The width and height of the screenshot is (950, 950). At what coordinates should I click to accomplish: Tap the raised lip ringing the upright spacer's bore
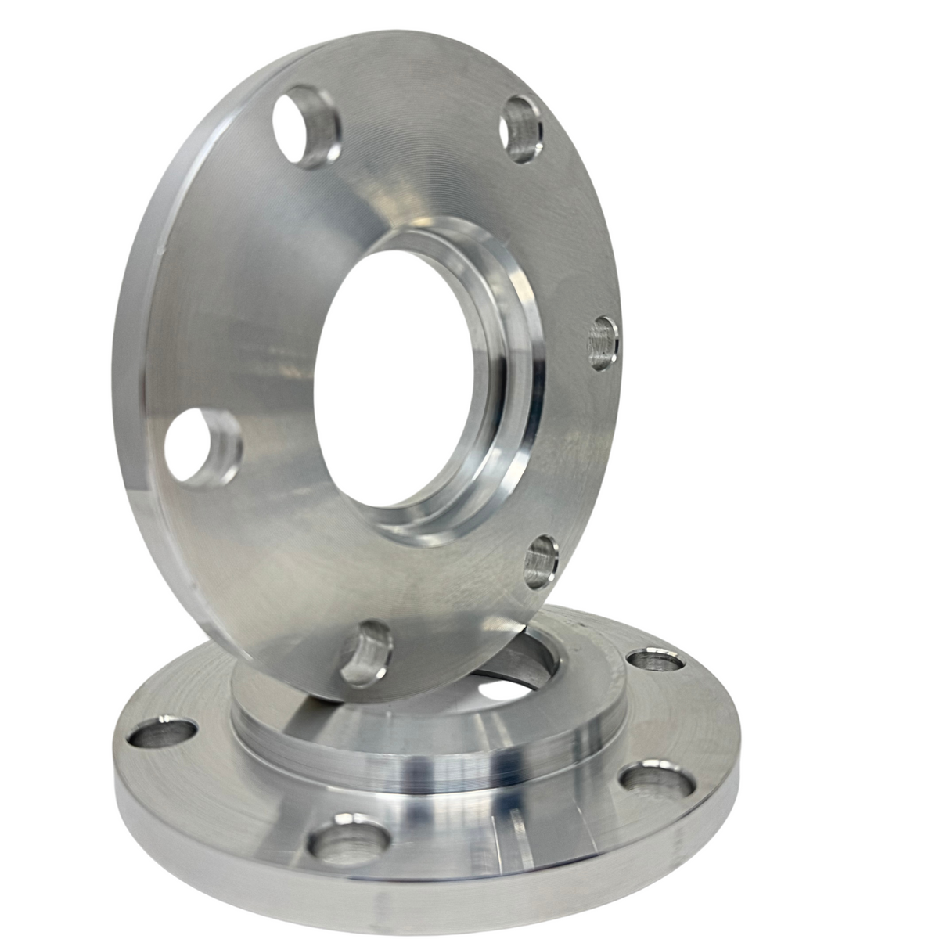tap(501, 407)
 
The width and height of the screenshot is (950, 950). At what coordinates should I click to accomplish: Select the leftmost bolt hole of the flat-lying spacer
tap(161, 734)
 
